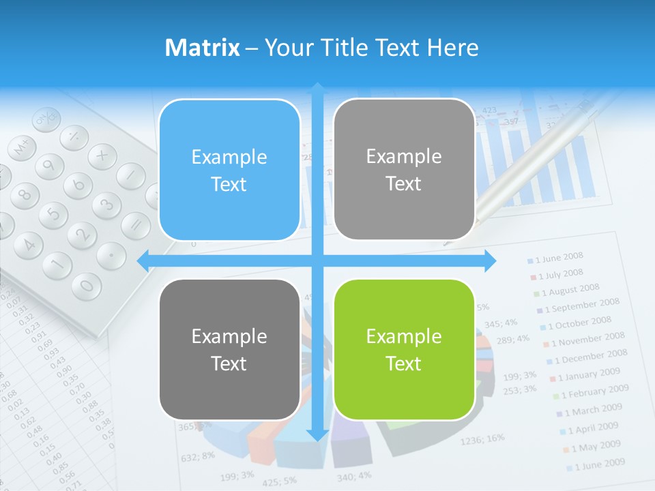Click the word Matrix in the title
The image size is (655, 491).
pyautogui.click(x=202, y=48)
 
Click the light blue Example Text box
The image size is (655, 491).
pyautogui.click(x=229, y=170)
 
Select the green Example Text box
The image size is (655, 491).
pyautogui.click(x=404, y=349)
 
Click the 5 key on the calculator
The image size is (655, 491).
pyautogui.click(x=53, y=215)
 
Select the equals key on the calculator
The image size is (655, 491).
pyautogui.click(x=136, y=224)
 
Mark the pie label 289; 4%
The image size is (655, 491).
pyautogui.click(x=513, y=339)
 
